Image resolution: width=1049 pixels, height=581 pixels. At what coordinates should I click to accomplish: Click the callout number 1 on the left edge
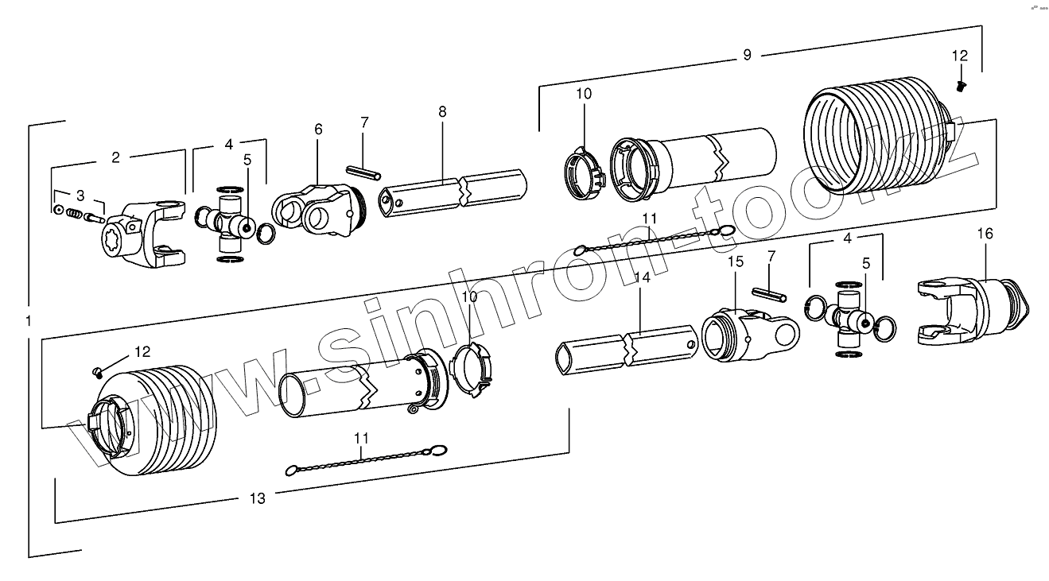pyautogui.click(x=29, y=321)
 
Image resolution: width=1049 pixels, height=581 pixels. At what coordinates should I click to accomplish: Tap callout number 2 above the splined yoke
pyautogui.click(x=115, y=157)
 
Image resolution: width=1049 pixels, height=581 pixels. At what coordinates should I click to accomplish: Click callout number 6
pyautogui.click(x=318, y=129)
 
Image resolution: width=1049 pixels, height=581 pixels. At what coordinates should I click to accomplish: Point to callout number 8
pyautogui.click(x=442, y=112)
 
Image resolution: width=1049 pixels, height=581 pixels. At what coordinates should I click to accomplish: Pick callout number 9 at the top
pyautogui.click(x=747, y=55)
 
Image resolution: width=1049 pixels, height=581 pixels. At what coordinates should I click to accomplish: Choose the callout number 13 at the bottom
pyautogui.click(x=257, y=498)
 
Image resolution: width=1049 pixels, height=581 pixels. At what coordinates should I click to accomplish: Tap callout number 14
pyautogui.click(x=643, y=277)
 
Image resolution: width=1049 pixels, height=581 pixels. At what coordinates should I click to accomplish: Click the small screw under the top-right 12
pyautogui.click(x=959, y=83)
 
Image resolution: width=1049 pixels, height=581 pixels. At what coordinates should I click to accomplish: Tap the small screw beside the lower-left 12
pyautogui.click(x=98, y=369)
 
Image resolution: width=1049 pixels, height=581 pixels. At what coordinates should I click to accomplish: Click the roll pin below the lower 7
pyautogui.click(x=772, y=294)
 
